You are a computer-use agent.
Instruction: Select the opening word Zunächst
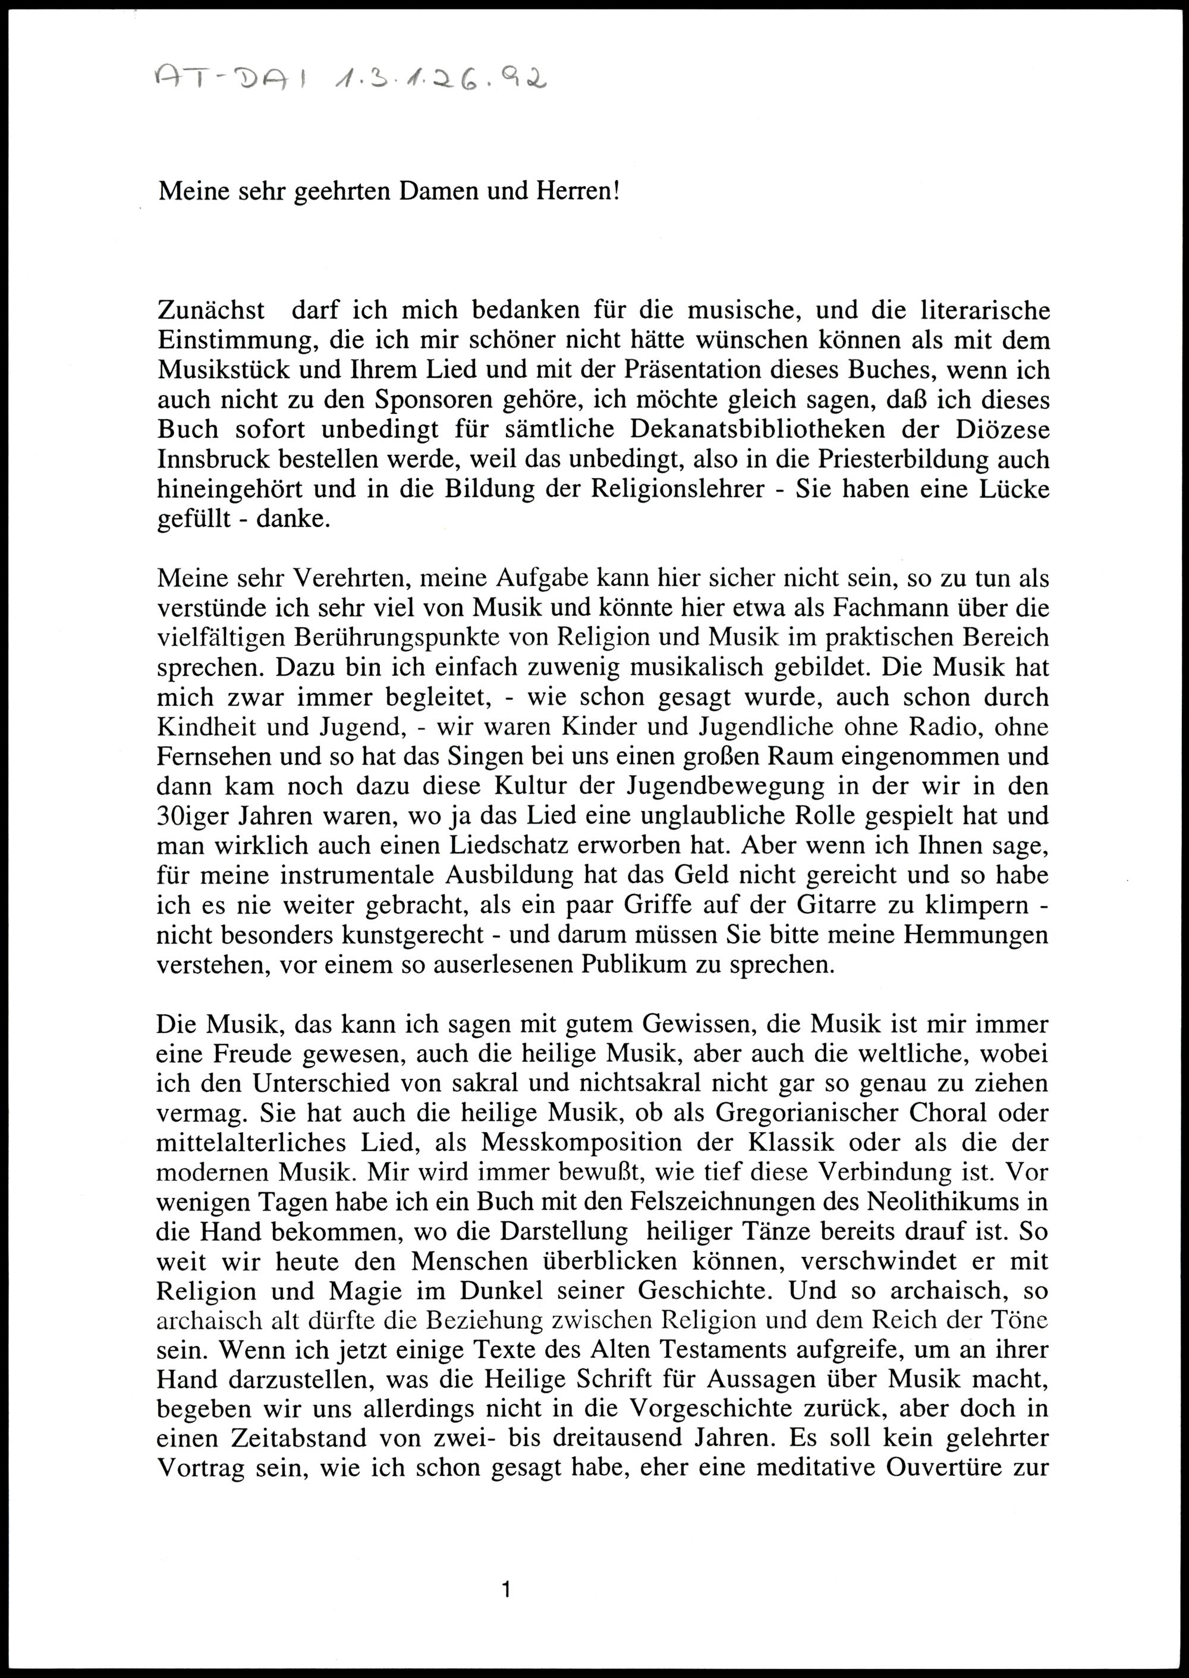point(211,310)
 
